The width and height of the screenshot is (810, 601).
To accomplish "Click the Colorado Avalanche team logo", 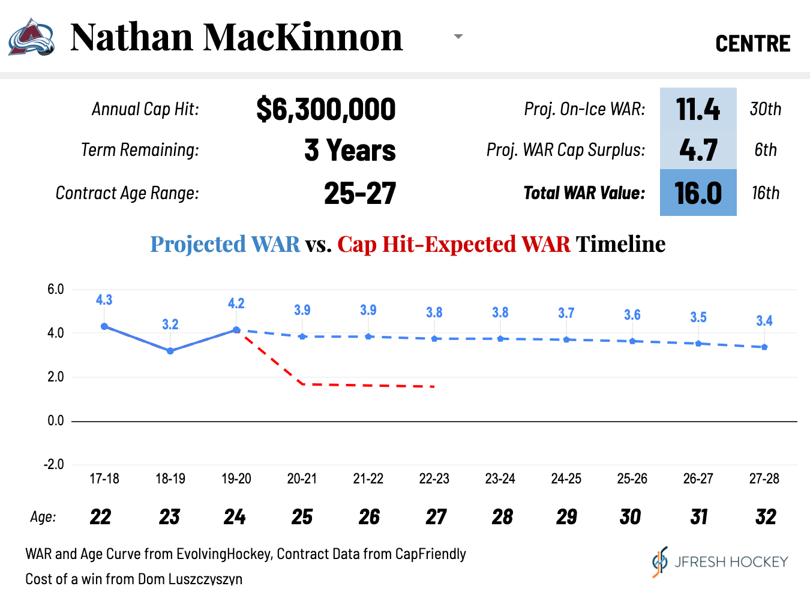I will coord(31,38).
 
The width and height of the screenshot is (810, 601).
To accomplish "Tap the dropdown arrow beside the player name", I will coord(458,37).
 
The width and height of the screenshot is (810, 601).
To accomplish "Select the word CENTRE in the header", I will coord(752,44).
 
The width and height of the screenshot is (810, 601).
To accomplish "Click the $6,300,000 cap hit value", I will coord(326,109).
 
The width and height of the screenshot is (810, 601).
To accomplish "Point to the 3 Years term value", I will coord(350,150).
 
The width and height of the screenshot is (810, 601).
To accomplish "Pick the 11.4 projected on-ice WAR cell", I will coord(698,109).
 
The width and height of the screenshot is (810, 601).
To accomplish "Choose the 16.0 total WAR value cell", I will coord(698,193).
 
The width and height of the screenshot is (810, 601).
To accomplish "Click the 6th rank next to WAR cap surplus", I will coord(765,150).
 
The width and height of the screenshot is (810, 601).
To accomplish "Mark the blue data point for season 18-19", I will coord(170,351).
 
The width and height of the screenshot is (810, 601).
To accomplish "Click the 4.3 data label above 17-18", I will coord(104,300).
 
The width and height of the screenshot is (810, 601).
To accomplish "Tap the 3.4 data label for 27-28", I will coord(764,321).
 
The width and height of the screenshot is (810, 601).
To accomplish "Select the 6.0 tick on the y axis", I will coord(56,289).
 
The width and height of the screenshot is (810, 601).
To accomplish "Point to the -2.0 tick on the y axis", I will coord(54,464).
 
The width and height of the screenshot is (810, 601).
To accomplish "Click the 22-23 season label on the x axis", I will coord(434,479).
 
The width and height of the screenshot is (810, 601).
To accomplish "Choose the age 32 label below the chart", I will coord(765,517).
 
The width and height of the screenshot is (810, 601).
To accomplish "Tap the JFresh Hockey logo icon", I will coord(659,562).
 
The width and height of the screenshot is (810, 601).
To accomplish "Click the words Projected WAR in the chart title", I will coord(225,244).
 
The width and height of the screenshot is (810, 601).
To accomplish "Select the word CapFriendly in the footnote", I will coord(430,554).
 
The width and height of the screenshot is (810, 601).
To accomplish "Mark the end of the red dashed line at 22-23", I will coord(433,387).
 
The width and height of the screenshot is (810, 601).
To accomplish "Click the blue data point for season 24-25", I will coord(566,340).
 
